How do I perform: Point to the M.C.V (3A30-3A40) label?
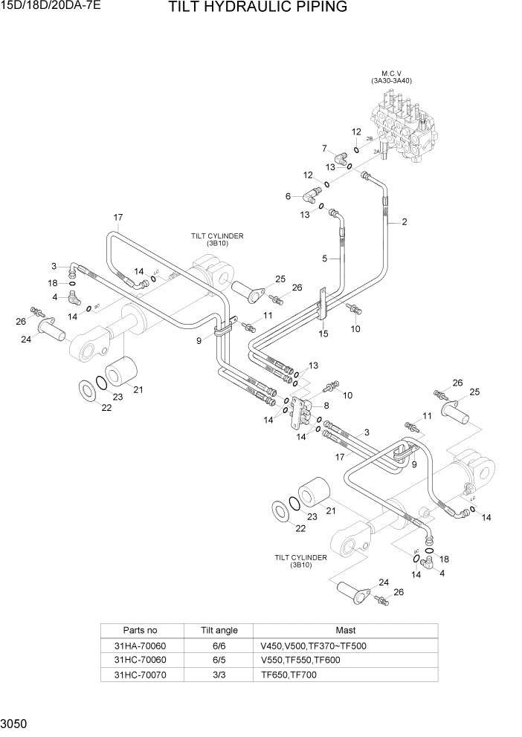click(391, 77)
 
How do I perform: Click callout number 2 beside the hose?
click(405, 221)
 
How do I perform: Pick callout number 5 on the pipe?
click(325, 259)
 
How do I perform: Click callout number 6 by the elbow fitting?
click(287, 197)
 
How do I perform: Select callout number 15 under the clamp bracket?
click(323, 334)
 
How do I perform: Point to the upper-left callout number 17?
click(117, 217)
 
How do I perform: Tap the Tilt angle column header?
click(219, 631)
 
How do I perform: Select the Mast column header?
click(345, 631)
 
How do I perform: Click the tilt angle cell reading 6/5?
click(219, 660)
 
